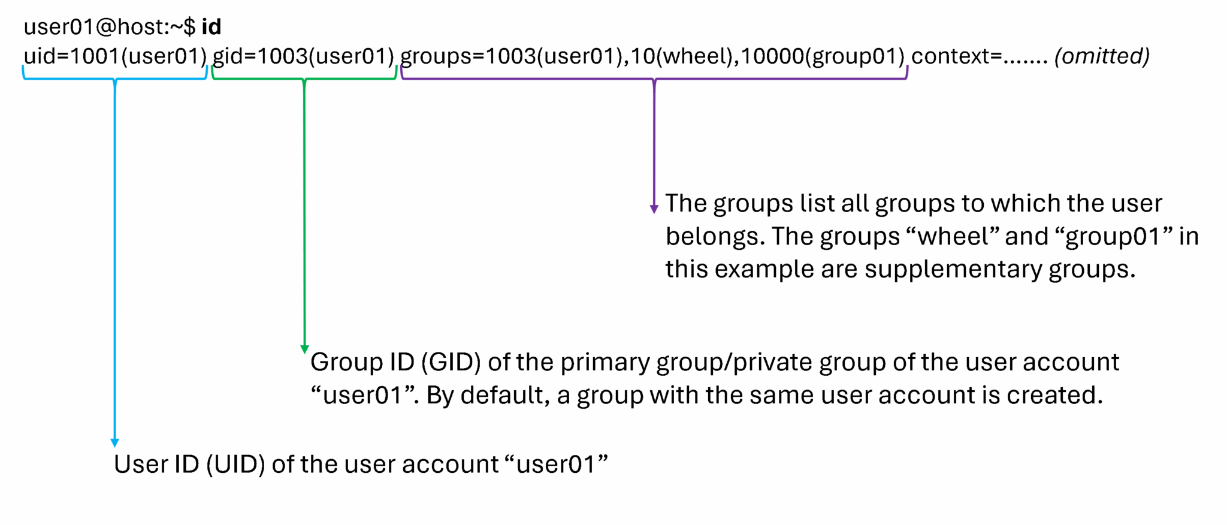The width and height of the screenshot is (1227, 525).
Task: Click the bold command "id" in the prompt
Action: point(211,27)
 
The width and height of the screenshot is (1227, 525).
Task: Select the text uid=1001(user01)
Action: point(114,56)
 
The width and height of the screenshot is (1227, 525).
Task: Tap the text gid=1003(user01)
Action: point(303,56)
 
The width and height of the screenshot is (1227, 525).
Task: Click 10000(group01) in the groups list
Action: point(823,56)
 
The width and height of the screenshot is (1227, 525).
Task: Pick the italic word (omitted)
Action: point(1102,56)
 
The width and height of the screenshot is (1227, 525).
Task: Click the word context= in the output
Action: point(957,56)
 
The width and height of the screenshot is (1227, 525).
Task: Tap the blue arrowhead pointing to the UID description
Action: point(115,443)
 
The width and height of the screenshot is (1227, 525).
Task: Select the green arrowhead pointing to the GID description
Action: point(304,349)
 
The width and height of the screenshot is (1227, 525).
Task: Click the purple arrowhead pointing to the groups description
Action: point(654,209)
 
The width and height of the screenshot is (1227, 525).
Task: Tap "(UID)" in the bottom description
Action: point(235,464)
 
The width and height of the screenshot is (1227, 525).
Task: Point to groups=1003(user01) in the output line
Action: point(512,56)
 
